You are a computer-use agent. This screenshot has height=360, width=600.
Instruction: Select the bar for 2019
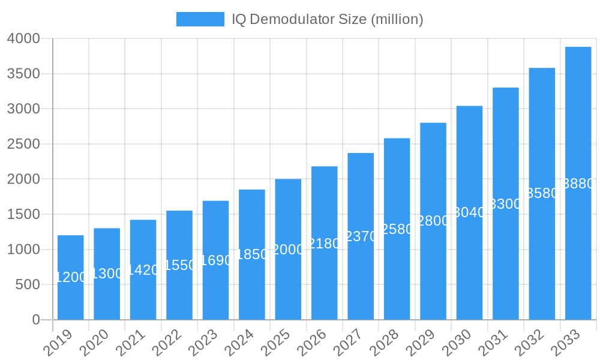pyautogui.click(x=71, y=277)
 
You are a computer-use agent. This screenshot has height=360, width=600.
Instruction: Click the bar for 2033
pyautogui.click(x=578, y=183)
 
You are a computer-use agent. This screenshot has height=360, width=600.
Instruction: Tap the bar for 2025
pyautogui.click(x=288, y=249)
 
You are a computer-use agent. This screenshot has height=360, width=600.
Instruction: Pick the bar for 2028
pyautogui.click(x=397, y=229)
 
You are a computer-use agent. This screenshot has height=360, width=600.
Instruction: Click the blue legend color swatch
pyautogui.click(x=200, y=19)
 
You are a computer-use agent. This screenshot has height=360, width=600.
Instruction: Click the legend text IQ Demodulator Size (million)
pyautogui.click(x=328, y=19)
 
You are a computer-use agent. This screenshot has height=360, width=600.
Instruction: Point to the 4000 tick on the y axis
pyautogui.click(x=23, y=39)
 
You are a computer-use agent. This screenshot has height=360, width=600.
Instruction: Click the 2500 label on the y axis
pyautogui.click(x=23, y=144)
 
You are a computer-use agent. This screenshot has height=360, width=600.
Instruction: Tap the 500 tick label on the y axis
pyautogui.click(x=28, y=284)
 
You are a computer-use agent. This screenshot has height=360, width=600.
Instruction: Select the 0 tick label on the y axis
pyautogui.click(x=36, y=320)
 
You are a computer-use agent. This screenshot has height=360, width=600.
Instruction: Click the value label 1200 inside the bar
pyautogui.click(x=71, y=277)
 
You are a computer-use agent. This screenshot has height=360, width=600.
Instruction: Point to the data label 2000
pyautogui.click(x=288, y=250)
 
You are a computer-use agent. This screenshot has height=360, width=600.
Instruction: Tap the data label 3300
pyautogui.click(x=505, y=204)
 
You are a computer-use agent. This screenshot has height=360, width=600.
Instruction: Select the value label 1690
pyautogui.click(x=215, y=260)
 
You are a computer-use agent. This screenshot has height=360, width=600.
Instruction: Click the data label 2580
pyautogui.click(x=397, y=229)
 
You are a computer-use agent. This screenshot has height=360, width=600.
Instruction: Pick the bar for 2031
pyautogui.click(x=505, y=252)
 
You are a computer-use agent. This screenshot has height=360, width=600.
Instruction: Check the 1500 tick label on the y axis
pyautogui.click(x=23, y=214)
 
